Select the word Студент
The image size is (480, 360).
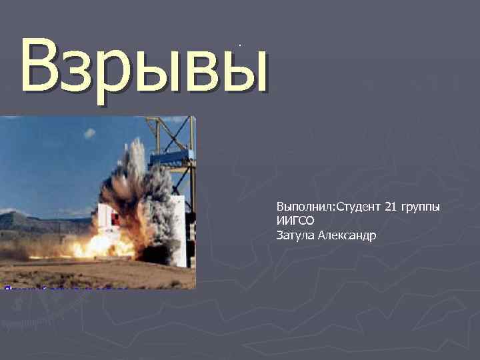click(x=358, y=207)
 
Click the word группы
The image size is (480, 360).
click(x=420, y=208)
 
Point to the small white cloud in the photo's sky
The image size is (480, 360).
click(x=89, y=133)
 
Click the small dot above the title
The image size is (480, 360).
click(x=239, y=45)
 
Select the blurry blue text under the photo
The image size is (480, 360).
click(x=63, y=289)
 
